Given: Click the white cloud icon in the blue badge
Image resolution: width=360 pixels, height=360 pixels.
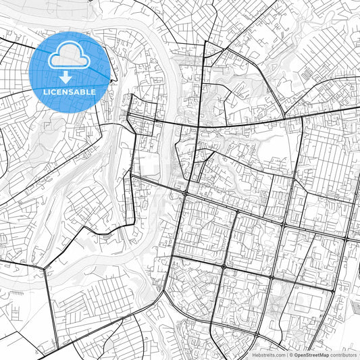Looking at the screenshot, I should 70,56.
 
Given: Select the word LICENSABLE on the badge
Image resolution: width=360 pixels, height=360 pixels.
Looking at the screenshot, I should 70,92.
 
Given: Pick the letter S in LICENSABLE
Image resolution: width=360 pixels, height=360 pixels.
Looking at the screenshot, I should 73,92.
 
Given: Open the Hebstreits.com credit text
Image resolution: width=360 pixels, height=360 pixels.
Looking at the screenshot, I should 268,354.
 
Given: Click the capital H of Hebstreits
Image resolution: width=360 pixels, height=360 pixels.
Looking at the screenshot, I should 254,354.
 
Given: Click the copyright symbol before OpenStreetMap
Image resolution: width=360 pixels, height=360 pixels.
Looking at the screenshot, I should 291,354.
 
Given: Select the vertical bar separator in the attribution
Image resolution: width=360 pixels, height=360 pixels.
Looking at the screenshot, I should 286,354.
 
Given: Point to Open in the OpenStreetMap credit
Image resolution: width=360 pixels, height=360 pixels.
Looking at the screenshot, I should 301,354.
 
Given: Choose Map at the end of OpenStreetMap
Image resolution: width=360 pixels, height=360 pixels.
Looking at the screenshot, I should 324,354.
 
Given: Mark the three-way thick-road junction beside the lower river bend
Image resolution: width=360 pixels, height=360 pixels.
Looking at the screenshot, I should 45,267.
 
